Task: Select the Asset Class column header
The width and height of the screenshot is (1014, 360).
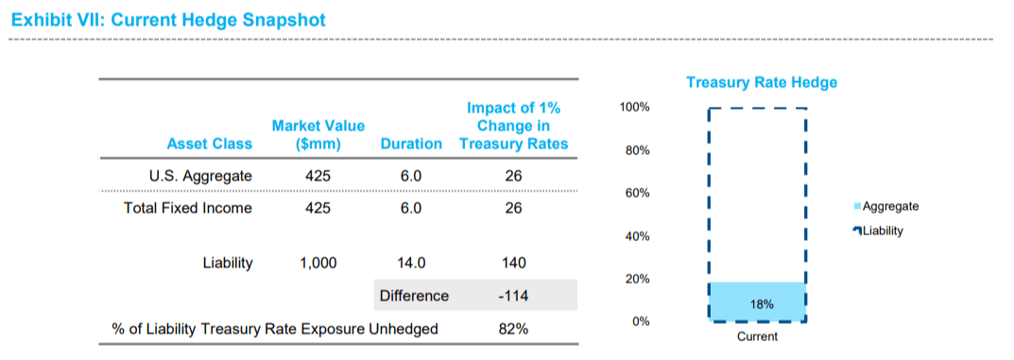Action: pyautogui.click(x=209, y=144)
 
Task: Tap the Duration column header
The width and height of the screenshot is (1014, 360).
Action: pyautogui.click(x=410, y=144)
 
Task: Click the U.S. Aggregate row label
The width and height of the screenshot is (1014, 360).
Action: pyautogui.click(x=200, y=176)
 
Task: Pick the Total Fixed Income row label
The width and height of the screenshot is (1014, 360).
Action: pyautogui.click(x=188, y=208)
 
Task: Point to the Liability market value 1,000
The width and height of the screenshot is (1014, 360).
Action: pyautogui.click(x=318, y=264)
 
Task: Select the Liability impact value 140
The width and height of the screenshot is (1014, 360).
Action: pyautogui.click(x=512, y=264)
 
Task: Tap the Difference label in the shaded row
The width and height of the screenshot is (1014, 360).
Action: pyautogui.click(x=414, y=296)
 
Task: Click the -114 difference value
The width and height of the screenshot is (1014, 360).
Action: pyautogui.click(x=512, y=296)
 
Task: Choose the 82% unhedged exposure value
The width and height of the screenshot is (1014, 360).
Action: pyautogui.click(x=512, y=329)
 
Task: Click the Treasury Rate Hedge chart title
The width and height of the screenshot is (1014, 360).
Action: pyautogui.click(x=761, y=82)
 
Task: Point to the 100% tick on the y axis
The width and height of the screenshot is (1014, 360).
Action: pyautogui.click(x=633, y=108)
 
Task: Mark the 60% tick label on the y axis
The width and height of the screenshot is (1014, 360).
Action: pyautogui.click(x=636, y=194)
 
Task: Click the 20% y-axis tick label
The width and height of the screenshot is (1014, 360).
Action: pyautogui.click(x=636, y=280)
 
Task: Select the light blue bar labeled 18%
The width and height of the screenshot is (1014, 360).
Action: pyautogui.click(x=757, y=302)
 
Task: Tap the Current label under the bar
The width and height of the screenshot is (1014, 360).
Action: pyautogui.click(x=757, y=337)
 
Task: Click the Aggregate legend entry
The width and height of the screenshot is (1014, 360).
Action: pyautogui.click(x=889, y=206)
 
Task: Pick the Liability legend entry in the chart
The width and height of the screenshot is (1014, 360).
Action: pyautogui.click(x=883, y=231)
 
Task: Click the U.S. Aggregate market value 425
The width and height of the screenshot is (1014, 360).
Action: pyautogui.click(x=318, y=176)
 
